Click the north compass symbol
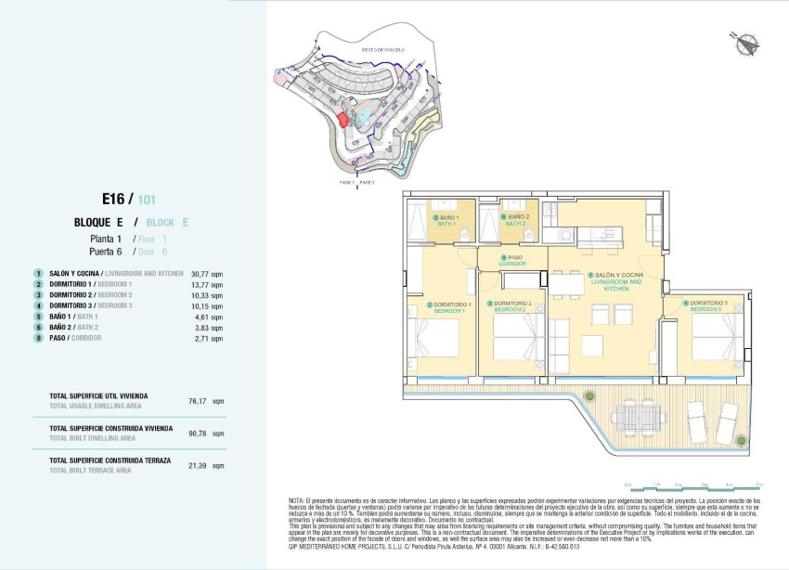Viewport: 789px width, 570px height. pyautogui.click(x=744, y=42)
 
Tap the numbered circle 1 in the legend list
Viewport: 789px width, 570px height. pyautogui.click(x=38, y=274)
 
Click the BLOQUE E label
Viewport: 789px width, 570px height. pyautogui.click(x=99, y=223)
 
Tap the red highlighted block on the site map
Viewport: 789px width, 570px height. pyautogui.click(x=343, y=120)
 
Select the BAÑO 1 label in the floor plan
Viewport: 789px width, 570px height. pyautogui.click(x=448, y=220)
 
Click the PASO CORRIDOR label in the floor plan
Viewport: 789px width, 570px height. pyautogui.click(x=512, y=261)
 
